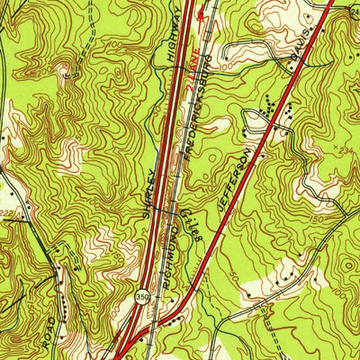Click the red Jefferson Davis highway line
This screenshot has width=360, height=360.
[270, 108]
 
